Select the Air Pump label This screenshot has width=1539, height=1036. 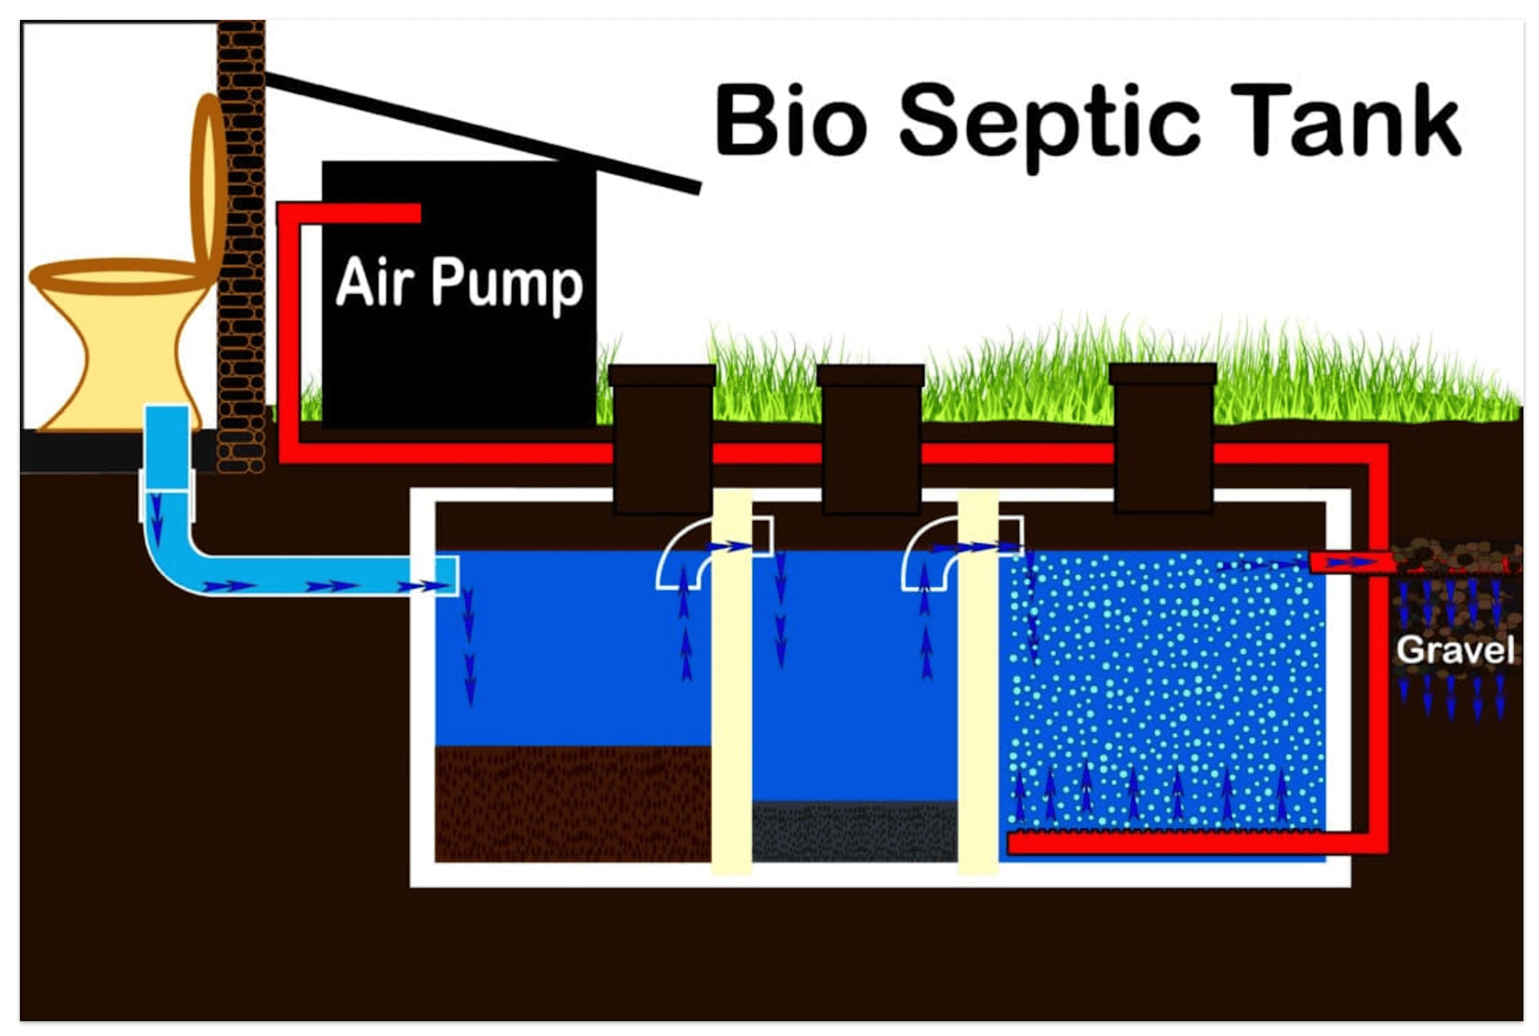pos(458,282)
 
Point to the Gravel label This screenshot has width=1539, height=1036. pos(1455,650)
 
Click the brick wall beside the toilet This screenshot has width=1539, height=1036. pos(241,240)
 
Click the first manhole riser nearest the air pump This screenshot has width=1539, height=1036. pos(662,437)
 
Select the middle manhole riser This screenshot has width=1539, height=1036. pos(870,437)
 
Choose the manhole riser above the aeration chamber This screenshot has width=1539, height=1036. pos(1162,437)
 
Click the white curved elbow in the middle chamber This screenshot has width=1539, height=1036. pos(930,553)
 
